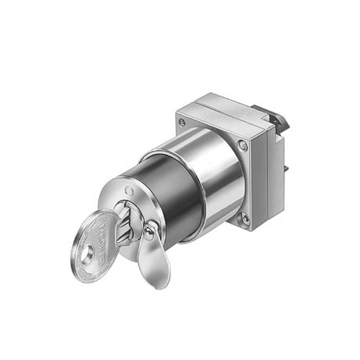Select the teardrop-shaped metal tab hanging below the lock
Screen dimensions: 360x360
(x=153, y=259)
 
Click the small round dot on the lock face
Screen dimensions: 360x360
(x=129, y=189)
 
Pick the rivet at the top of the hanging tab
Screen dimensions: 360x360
(x=148, y=230)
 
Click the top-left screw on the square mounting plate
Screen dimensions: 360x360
(x=182, y=123)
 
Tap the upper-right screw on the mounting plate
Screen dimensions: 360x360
(x=243, y=145)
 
